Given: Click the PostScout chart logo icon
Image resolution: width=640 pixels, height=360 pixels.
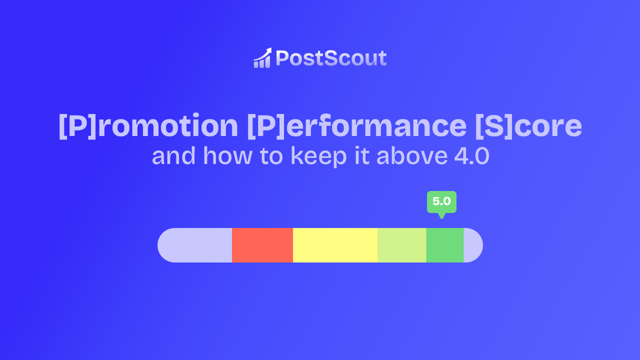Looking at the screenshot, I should [262, 58].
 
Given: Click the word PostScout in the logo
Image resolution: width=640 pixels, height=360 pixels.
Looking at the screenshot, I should [331, 58].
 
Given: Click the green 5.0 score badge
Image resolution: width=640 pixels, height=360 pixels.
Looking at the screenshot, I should [441, 201].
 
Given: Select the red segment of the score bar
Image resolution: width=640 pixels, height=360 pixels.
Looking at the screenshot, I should [262, 245].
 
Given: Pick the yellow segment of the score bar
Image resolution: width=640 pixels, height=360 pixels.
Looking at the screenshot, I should [335, 245].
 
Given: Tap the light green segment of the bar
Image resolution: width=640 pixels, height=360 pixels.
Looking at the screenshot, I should [401, 245].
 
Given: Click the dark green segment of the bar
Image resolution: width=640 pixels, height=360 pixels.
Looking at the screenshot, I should [445, 245].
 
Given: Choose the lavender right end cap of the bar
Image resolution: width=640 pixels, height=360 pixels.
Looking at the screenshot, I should [473, 245].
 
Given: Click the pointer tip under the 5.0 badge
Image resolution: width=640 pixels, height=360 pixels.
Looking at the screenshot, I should [441, 216].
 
